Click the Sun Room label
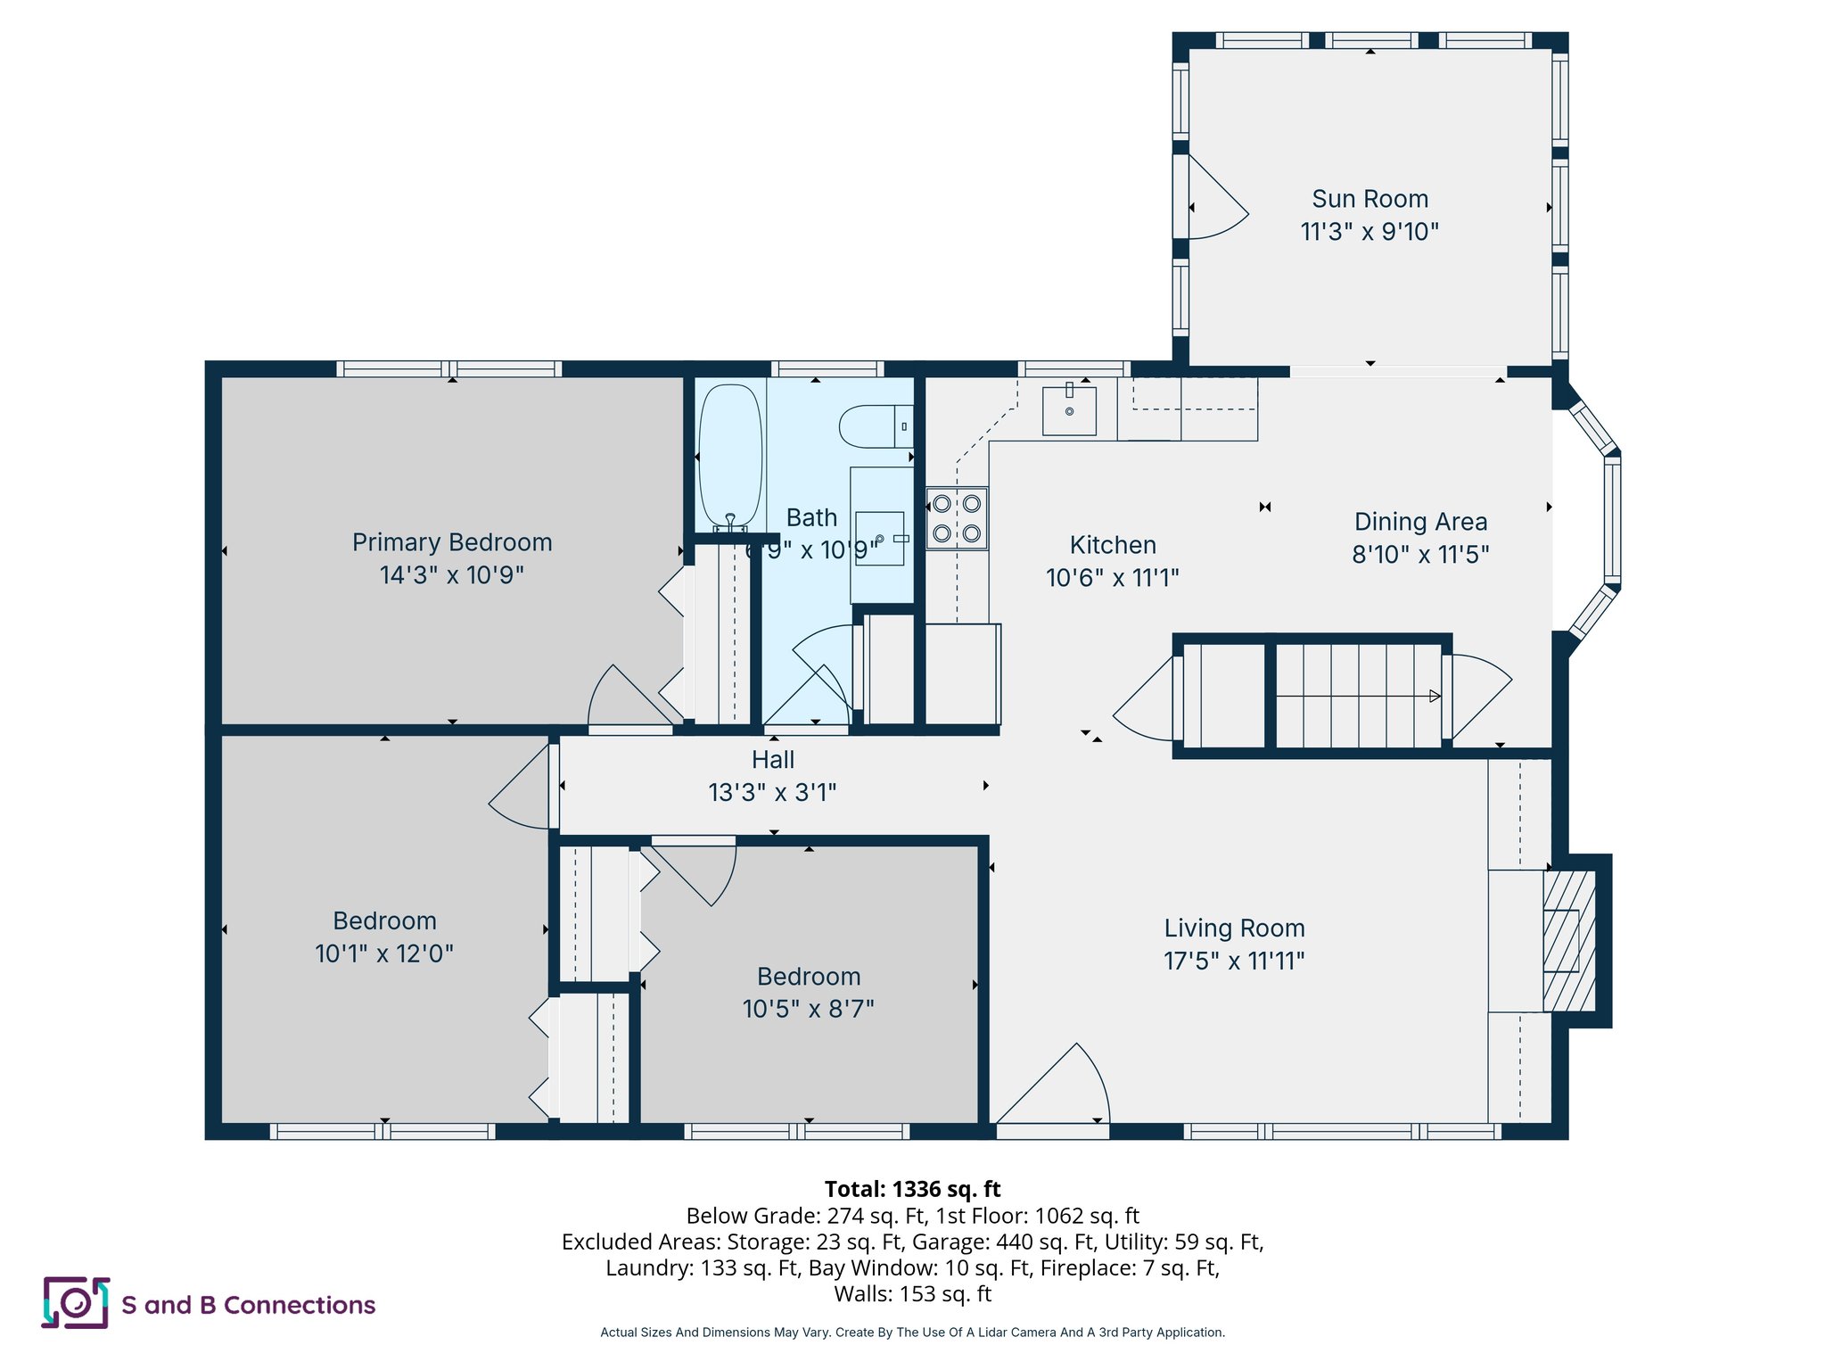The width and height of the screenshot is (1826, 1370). click(x=1369, y=199)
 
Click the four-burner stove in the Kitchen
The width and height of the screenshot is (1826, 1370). click(x=957, y=518)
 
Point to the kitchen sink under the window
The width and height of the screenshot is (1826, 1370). click(x=1069, y=410)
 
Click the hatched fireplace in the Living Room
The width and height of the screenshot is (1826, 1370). click(x=1568, y=941)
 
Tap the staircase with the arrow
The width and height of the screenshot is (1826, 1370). click(x=1358, y=695)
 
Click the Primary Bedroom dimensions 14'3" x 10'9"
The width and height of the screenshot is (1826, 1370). click(x=452, y=575)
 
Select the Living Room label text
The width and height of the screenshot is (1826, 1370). click(x=1234, y=928)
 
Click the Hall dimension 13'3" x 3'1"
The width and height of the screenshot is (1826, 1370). click(x=772, y=792)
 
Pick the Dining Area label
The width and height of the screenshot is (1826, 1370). click(x=1420, y=522)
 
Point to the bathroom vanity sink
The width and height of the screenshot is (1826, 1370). click(x=880, y=539)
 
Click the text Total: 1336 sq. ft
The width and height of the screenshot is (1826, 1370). click(x=912, y=1189)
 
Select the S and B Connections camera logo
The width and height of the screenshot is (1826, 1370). click(x=76, y=1303)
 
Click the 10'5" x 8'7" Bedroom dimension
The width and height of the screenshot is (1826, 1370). click(x=808, y=1009)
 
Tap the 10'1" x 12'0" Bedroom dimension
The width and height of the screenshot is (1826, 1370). click(x=384, y=953)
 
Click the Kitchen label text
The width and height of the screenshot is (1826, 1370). click(x=1113, y=545)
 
